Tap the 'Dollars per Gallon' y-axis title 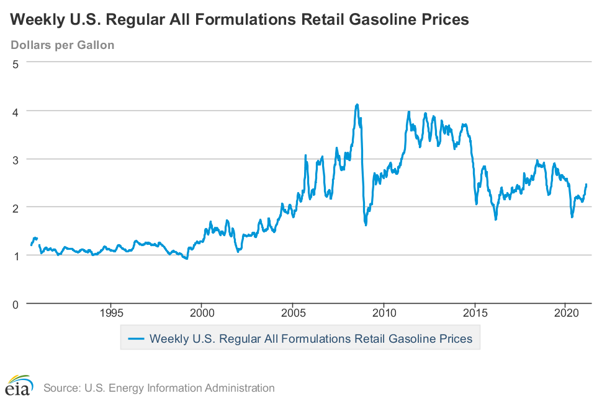click(62, 45)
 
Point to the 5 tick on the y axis click(16, 63)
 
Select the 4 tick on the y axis click(16, 111)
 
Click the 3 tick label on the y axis click(16, 159)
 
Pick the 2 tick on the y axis click(16, 207)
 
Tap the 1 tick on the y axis click(16, 255)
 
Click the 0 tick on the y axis click(16, 304)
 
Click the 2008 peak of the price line click(357, 105)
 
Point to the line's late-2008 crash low click(366, 224)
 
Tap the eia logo click(19, 386)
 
